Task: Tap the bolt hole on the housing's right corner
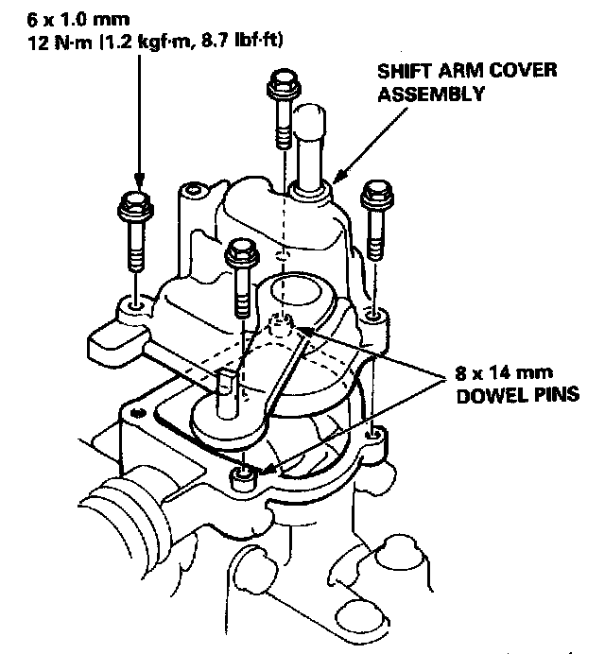point(375,434)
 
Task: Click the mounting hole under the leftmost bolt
point(136,306)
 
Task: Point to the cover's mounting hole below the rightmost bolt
point(375,312)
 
